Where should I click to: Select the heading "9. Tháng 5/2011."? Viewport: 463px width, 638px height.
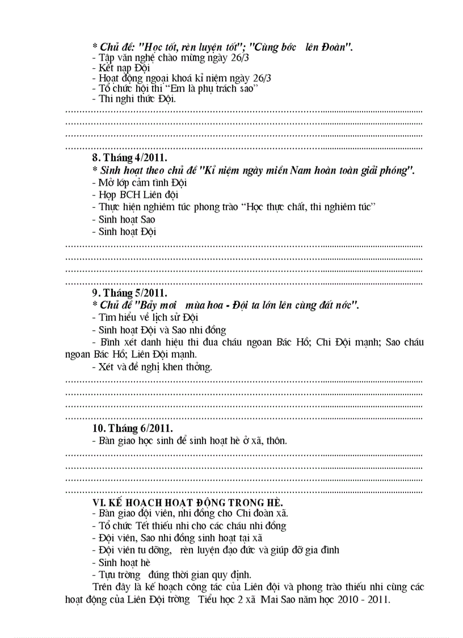tap(130, 293)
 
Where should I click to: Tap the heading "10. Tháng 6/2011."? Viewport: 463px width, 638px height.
tap(133, 428)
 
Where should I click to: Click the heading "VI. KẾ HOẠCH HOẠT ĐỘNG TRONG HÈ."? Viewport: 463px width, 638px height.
tap(188, 502)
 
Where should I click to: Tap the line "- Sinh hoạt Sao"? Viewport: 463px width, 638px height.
tap(123, 219)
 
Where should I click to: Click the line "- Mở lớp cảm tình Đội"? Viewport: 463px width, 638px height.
tap(139, 182)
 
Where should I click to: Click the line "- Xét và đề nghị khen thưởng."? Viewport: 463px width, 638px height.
tap(152, 366)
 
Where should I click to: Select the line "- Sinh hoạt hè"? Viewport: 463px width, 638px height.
tap(121, 562)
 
